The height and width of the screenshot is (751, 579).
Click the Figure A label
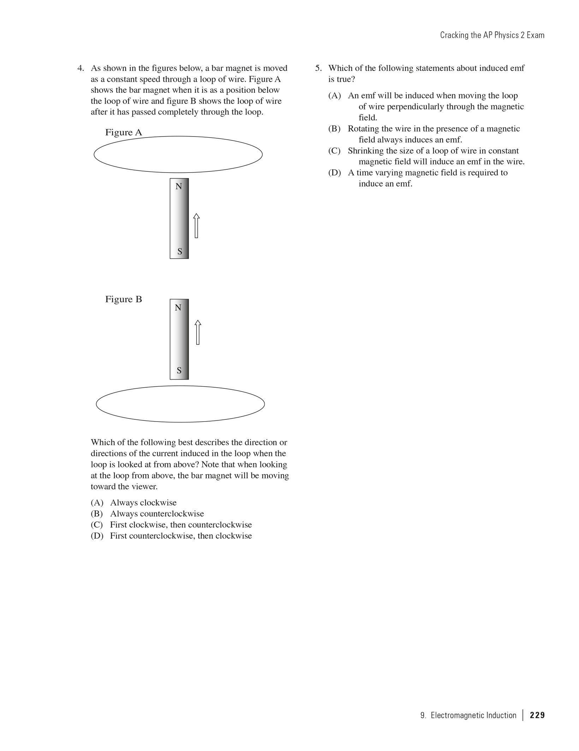[123, 132]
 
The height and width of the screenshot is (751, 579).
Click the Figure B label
[123, 299]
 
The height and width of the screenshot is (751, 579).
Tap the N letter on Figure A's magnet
[179, 186]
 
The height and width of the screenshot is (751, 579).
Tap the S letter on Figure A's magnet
[180, 252]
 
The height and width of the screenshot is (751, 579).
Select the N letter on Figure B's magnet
[178, 308]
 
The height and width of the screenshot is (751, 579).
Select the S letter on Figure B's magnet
[179, 370]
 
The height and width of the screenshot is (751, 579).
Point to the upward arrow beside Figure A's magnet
[197, 226]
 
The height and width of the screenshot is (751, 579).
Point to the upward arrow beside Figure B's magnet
[198, 332]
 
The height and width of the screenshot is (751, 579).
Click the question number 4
[81, 68]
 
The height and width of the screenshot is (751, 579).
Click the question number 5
[318, 68]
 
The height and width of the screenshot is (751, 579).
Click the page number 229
[537, 715]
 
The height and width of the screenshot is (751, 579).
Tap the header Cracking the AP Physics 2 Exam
[492, 35]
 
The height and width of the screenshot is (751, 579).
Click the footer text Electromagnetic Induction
[473, 715]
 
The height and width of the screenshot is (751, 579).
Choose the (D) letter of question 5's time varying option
[334, 173]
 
